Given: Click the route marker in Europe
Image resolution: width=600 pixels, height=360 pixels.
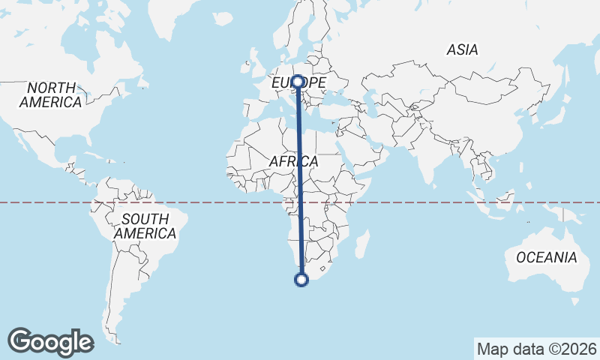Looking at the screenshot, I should click(x=298, y=81).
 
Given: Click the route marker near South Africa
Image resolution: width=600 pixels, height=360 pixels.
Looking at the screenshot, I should click(x=301, y=280).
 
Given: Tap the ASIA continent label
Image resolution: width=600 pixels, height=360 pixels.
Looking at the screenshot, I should click(x=462, y=50).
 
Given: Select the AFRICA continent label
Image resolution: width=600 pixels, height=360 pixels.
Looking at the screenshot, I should click(x=293, y=161).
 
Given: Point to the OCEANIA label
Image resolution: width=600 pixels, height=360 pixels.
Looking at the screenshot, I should click(x=547, y=257).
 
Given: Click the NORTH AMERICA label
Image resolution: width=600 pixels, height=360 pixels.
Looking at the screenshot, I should click(x=51, y=94).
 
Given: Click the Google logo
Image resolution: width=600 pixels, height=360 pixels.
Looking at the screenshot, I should click(x=50, y=342).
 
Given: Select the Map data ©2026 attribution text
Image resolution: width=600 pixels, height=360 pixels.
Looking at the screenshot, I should click(x=536, y=349).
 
